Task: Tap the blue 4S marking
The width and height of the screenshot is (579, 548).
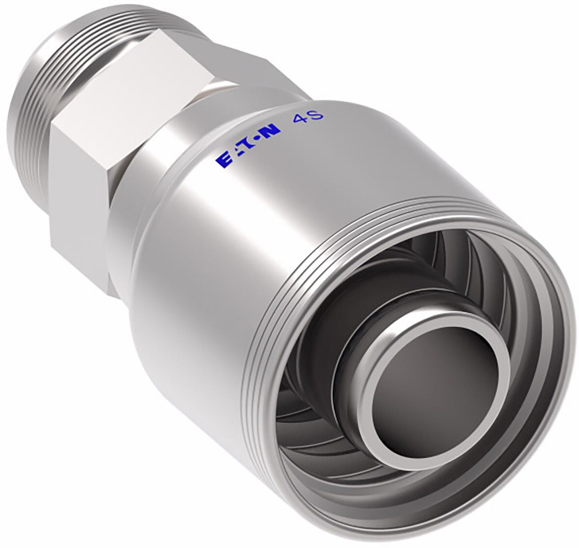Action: coord(308,117)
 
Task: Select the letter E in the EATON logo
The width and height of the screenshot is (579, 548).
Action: coord(223,161)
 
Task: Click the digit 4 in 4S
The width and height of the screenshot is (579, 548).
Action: coord(300,119)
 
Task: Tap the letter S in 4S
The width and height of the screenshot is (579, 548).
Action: coord(316,114)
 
